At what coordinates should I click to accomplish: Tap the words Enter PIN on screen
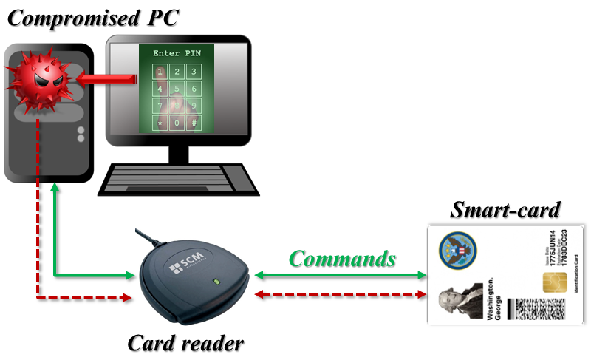coord(176,54)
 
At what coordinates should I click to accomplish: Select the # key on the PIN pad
coord(194,123)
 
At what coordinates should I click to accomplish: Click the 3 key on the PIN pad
coord(194,72)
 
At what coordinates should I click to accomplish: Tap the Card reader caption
coord(185,343)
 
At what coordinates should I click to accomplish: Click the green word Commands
coord(342,259)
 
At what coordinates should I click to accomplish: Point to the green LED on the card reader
coord(215,280)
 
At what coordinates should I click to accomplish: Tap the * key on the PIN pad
coord(159,123)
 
